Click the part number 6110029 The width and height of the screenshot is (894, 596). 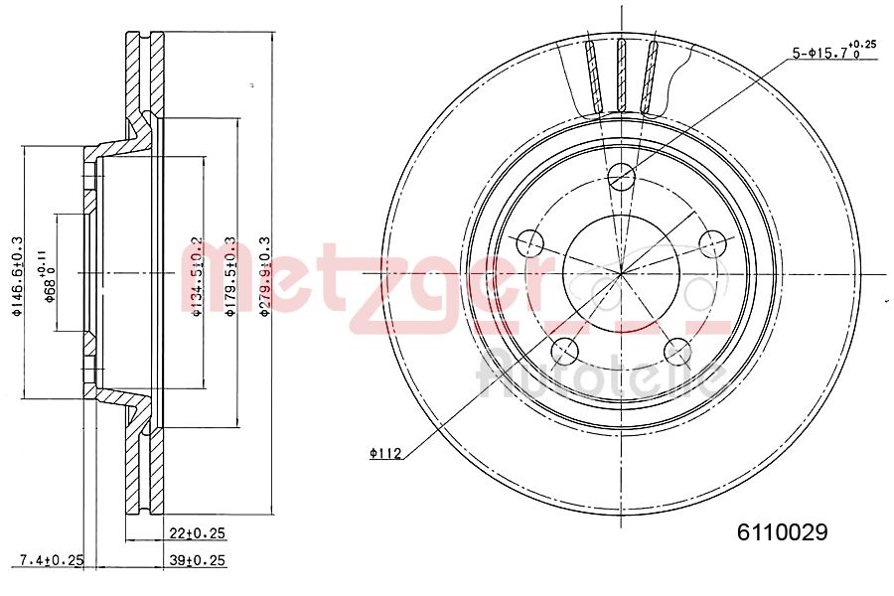(782, 532)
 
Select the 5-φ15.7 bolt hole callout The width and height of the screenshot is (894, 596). (833, 52)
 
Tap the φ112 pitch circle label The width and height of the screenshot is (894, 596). (384, 454)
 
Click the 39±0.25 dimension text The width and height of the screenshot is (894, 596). (199, 560)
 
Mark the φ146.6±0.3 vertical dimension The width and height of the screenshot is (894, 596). (16, 275)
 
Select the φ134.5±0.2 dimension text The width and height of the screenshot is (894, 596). (197, 275)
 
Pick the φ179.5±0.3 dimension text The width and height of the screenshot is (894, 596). (229, 275)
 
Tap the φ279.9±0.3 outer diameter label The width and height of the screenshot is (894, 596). (264, 275)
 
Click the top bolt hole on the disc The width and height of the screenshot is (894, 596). (621, 177)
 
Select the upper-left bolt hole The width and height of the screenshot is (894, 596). (529, 242)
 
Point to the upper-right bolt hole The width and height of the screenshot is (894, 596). (712, 242)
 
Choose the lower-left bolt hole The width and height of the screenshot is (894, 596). (564, 350)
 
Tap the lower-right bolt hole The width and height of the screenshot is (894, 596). (677, 350)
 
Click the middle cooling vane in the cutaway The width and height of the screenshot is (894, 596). (622, 74)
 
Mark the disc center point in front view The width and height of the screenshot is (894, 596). (621, 272)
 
